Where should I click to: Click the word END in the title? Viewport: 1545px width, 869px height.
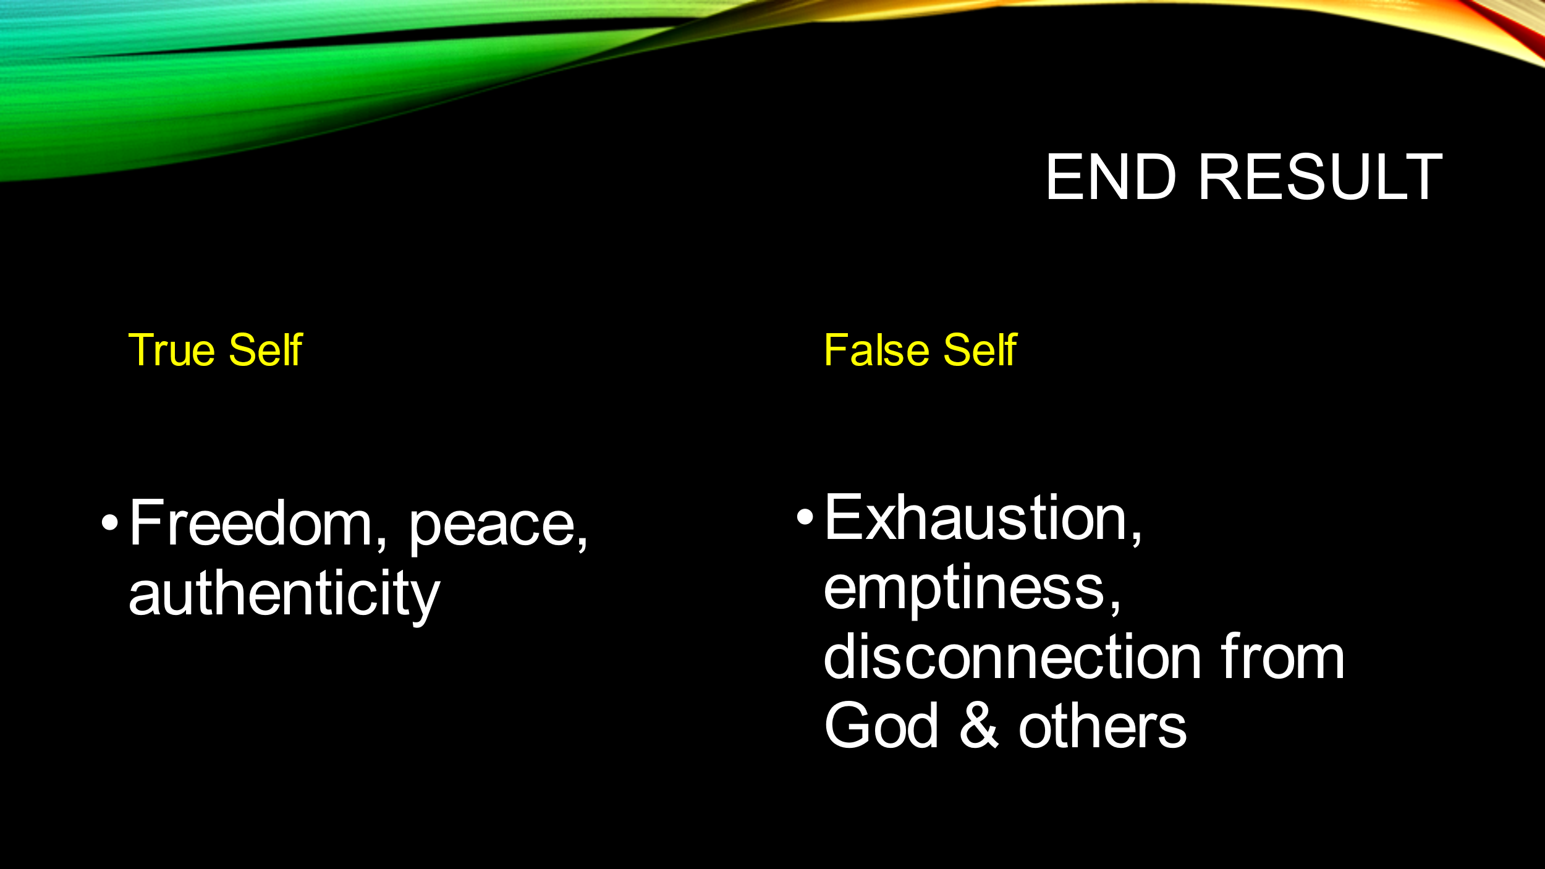[x=1111, y=177]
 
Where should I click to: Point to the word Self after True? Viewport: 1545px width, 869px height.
[x=266, y=350]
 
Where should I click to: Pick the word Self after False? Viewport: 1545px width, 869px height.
[x=980, y=350]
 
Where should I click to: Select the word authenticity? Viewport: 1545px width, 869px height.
[x=284, y=596]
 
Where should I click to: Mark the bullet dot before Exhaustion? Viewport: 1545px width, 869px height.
[x=805, y=517]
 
